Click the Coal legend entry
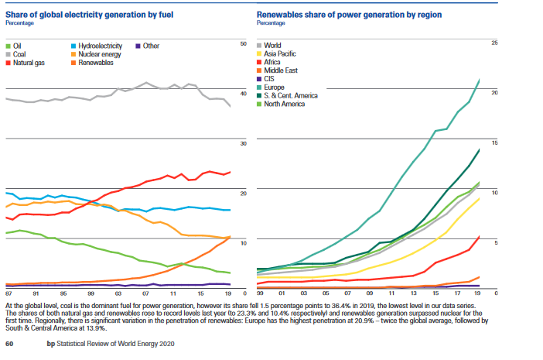coord(19,54)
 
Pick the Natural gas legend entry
coord(28,63)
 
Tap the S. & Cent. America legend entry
coord(294,95)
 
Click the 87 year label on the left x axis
coord(8,294)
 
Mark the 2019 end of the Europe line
coord(480,80)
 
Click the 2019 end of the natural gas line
coord(231,172)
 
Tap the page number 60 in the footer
coord(9,343)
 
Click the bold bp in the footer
coord(49,343)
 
